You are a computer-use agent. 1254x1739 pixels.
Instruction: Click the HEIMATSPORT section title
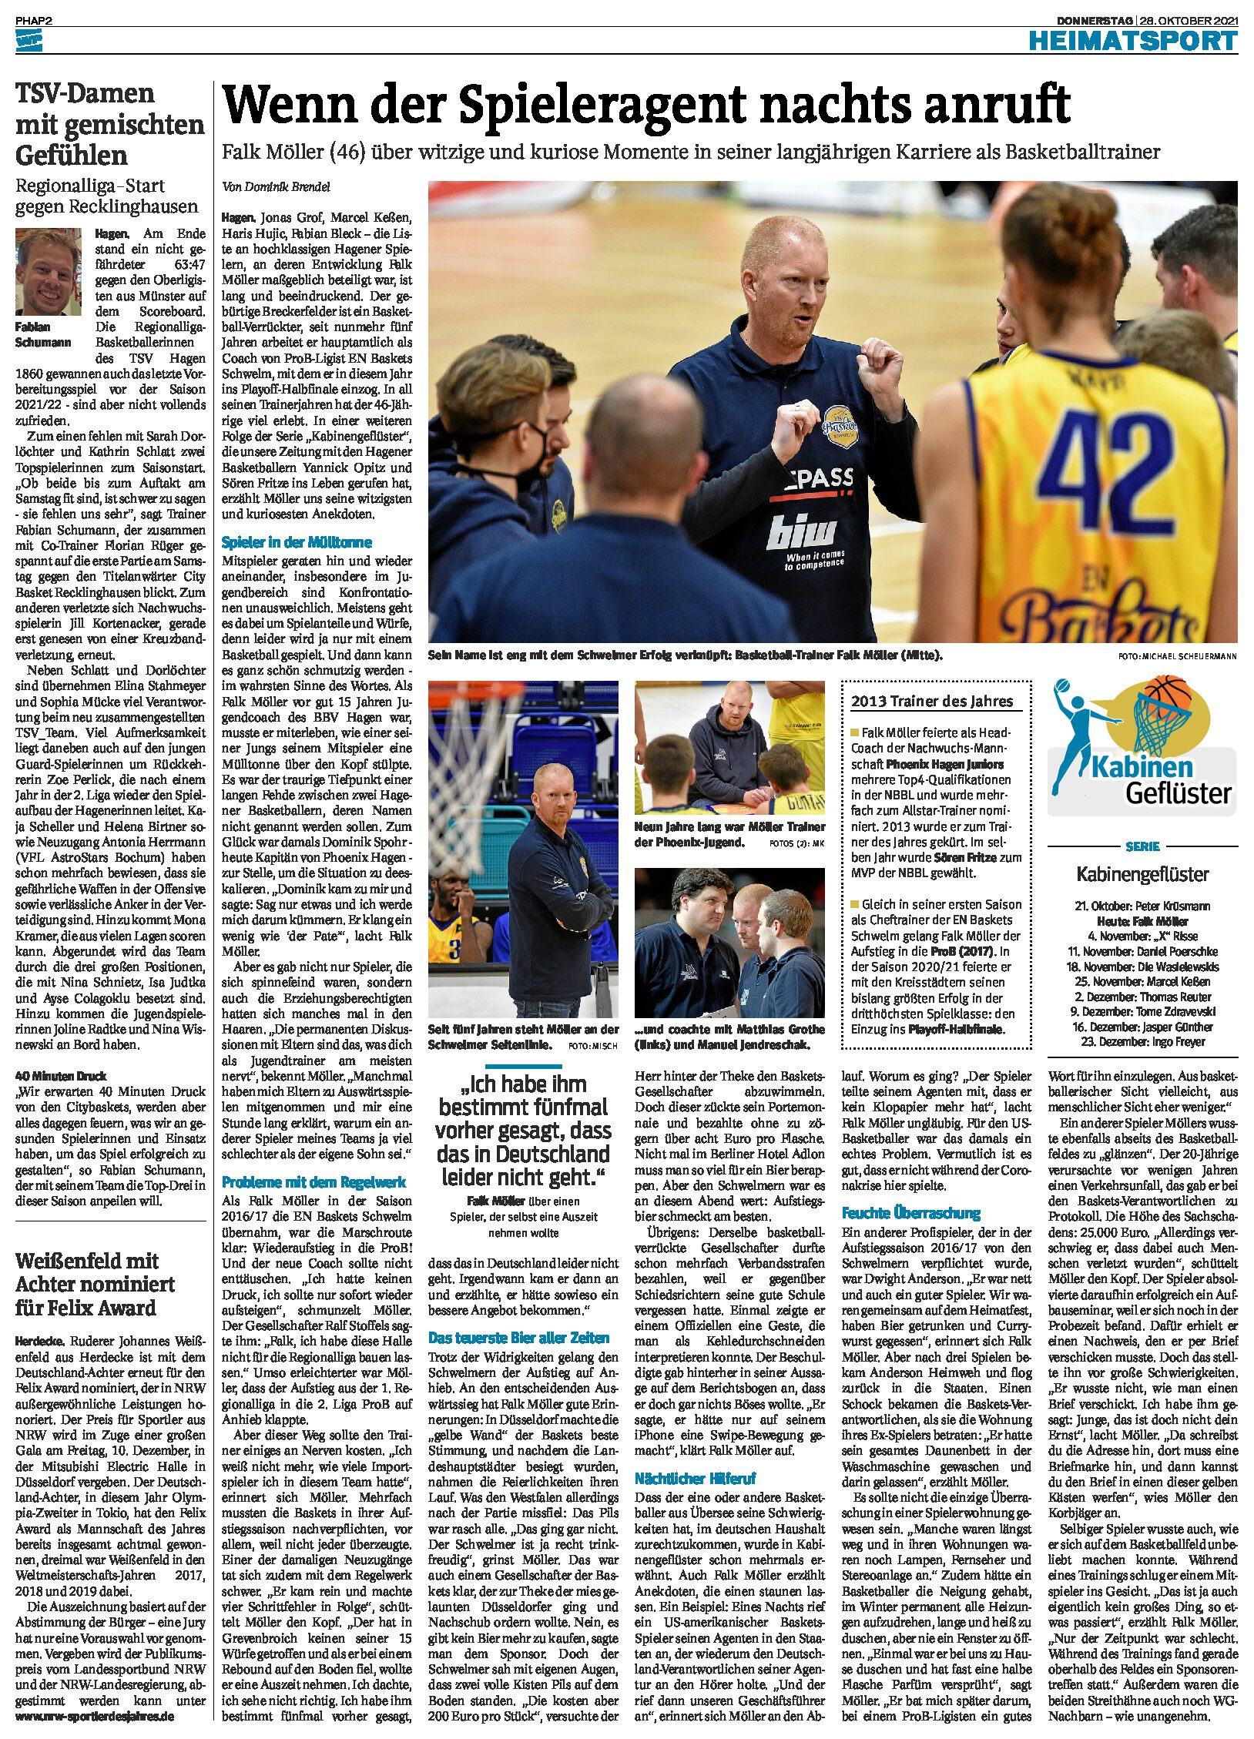[1132, 41]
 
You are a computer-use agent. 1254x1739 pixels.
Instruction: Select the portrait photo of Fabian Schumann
[48, 271]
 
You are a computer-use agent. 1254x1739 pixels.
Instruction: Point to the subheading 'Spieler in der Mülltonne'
[297, 542]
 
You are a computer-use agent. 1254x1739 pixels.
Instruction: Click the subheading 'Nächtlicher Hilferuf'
[695, 1478]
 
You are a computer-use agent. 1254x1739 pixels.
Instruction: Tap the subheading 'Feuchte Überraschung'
[910, 1213]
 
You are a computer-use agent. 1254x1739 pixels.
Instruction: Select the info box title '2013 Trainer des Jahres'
[931, 701]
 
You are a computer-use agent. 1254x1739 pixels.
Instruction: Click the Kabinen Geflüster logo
[1142, 748]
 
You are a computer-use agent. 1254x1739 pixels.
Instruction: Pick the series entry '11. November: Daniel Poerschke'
[1142, 951]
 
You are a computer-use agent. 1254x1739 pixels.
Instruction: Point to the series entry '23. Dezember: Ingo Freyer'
[1142, 1041]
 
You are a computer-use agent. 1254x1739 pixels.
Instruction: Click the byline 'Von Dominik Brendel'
[276, 186]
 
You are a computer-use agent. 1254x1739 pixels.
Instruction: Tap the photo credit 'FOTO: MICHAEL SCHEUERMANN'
[1177, 656]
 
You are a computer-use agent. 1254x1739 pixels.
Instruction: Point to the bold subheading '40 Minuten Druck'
[61, 1076]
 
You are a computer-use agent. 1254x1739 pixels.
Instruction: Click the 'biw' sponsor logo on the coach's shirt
[800, 531]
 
